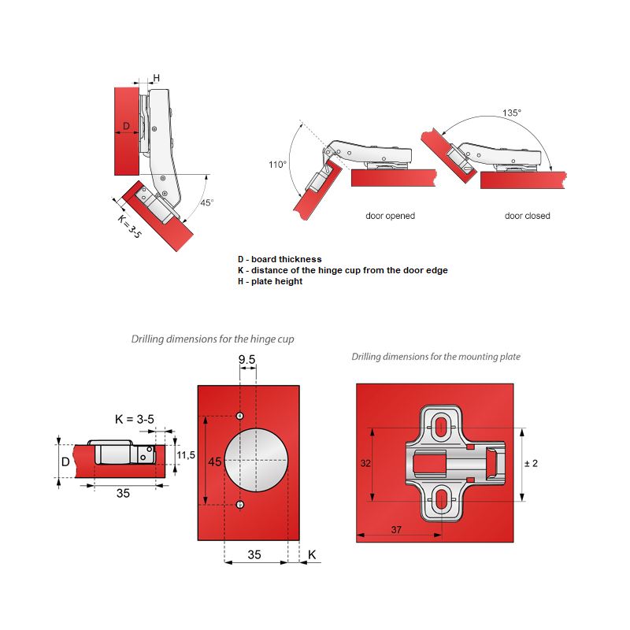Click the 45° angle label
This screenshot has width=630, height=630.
click(206, 202)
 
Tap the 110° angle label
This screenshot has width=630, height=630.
click(277, 165)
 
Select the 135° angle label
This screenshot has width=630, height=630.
click(512, 113)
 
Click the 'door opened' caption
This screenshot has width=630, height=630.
click(390, 216)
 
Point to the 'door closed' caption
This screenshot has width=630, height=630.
click(528, 216)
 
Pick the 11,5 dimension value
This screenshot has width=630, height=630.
click(186, 455)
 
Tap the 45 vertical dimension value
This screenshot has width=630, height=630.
click(214, 462)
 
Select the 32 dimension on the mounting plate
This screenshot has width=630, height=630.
click(365, 464)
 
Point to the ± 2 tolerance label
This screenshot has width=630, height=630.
click(531, 463)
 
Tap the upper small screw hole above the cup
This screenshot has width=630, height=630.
click(240, 416)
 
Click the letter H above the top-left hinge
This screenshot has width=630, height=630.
click(156, 77)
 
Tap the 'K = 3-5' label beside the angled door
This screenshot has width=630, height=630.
click(129, 226)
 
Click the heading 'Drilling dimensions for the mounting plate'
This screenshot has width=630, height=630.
click(435, 357)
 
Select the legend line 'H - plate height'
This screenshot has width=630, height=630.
click(269, 282)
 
